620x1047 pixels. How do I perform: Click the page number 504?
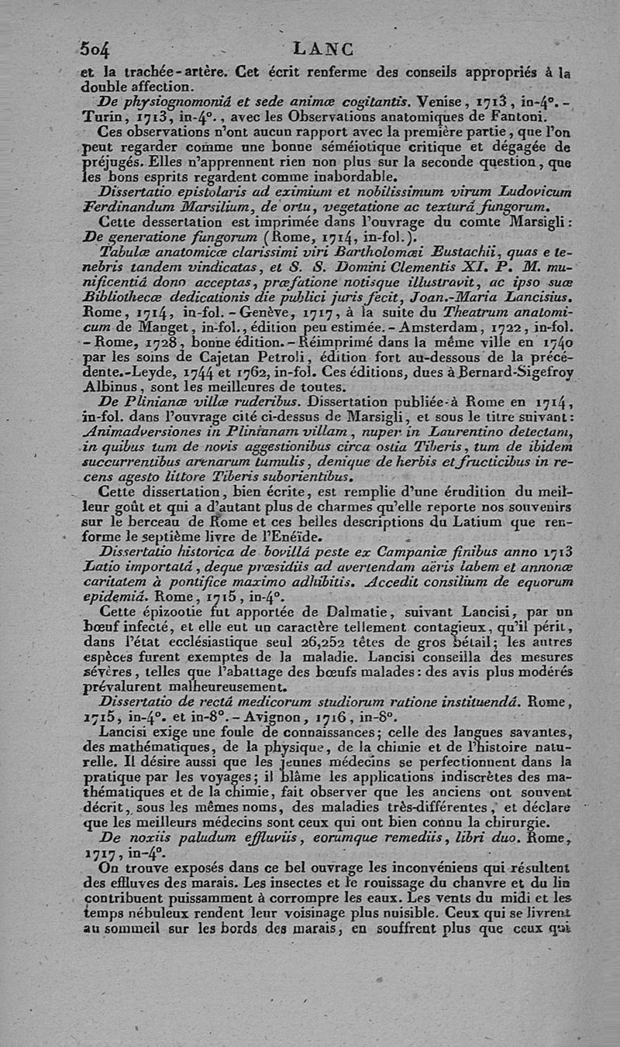click(95, 48)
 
